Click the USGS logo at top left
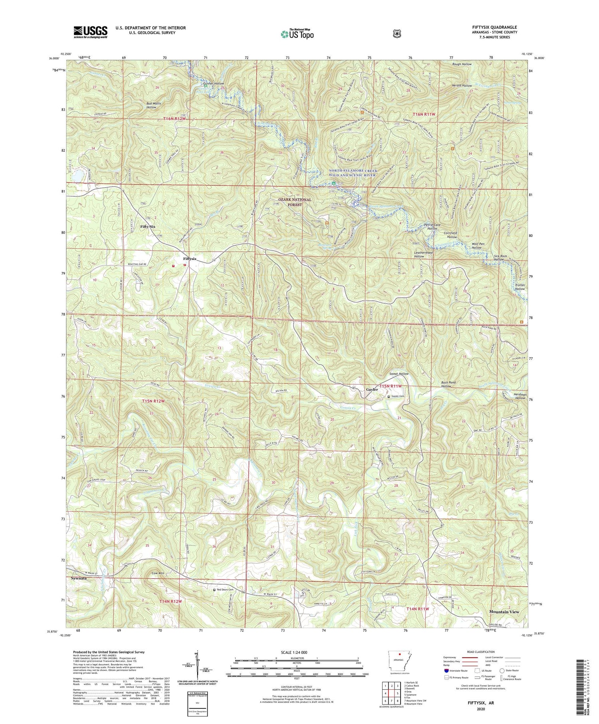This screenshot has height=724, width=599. (90, 32)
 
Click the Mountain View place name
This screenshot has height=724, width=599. (504, 612)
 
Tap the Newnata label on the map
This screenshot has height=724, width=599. (79, 578)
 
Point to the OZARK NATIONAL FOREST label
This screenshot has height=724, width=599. (296, 202)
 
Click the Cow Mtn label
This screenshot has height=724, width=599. (159, 573)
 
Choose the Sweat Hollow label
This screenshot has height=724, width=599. (399, 374)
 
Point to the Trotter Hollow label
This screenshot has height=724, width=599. (520, 287)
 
